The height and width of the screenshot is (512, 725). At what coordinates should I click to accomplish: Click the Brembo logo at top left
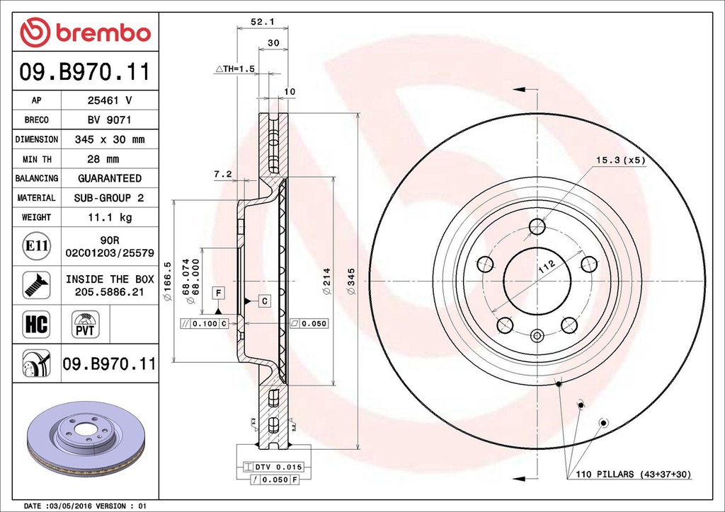click(85, 33)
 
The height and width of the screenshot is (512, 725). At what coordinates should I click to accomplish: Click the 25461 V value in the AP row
click(110, 101)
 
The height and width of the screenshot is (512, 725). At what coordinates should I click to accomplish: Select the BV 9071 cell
click(110, 120)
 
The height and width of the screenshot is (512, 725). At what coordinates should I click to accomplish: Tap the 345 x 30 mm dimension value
click(110, 139)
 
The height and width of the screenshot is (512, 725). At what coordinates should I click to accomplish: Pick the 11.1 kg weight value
click(110, 217)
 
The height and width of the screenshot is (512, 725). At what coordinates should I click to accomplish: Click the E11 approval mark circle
click(36, 246)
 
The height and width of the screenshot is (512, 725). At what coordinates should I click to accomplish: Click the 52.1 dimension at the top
click(262, 22)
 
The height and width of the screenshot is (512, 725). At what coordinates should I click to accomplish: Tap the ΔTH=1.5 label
click(234, 69)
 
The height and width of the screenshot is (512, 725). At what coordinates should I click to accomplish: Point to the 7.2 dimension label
click(223, 173)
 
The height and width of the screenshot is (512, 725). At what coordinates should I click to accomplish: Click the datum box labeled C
click(263, 301)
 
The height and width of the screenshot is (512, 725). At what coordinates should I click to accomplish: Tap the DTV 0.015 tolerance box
click(273, 467)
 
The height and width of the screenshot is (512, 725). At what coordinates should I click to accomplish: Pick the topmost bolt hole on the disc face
click(537, 226)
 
